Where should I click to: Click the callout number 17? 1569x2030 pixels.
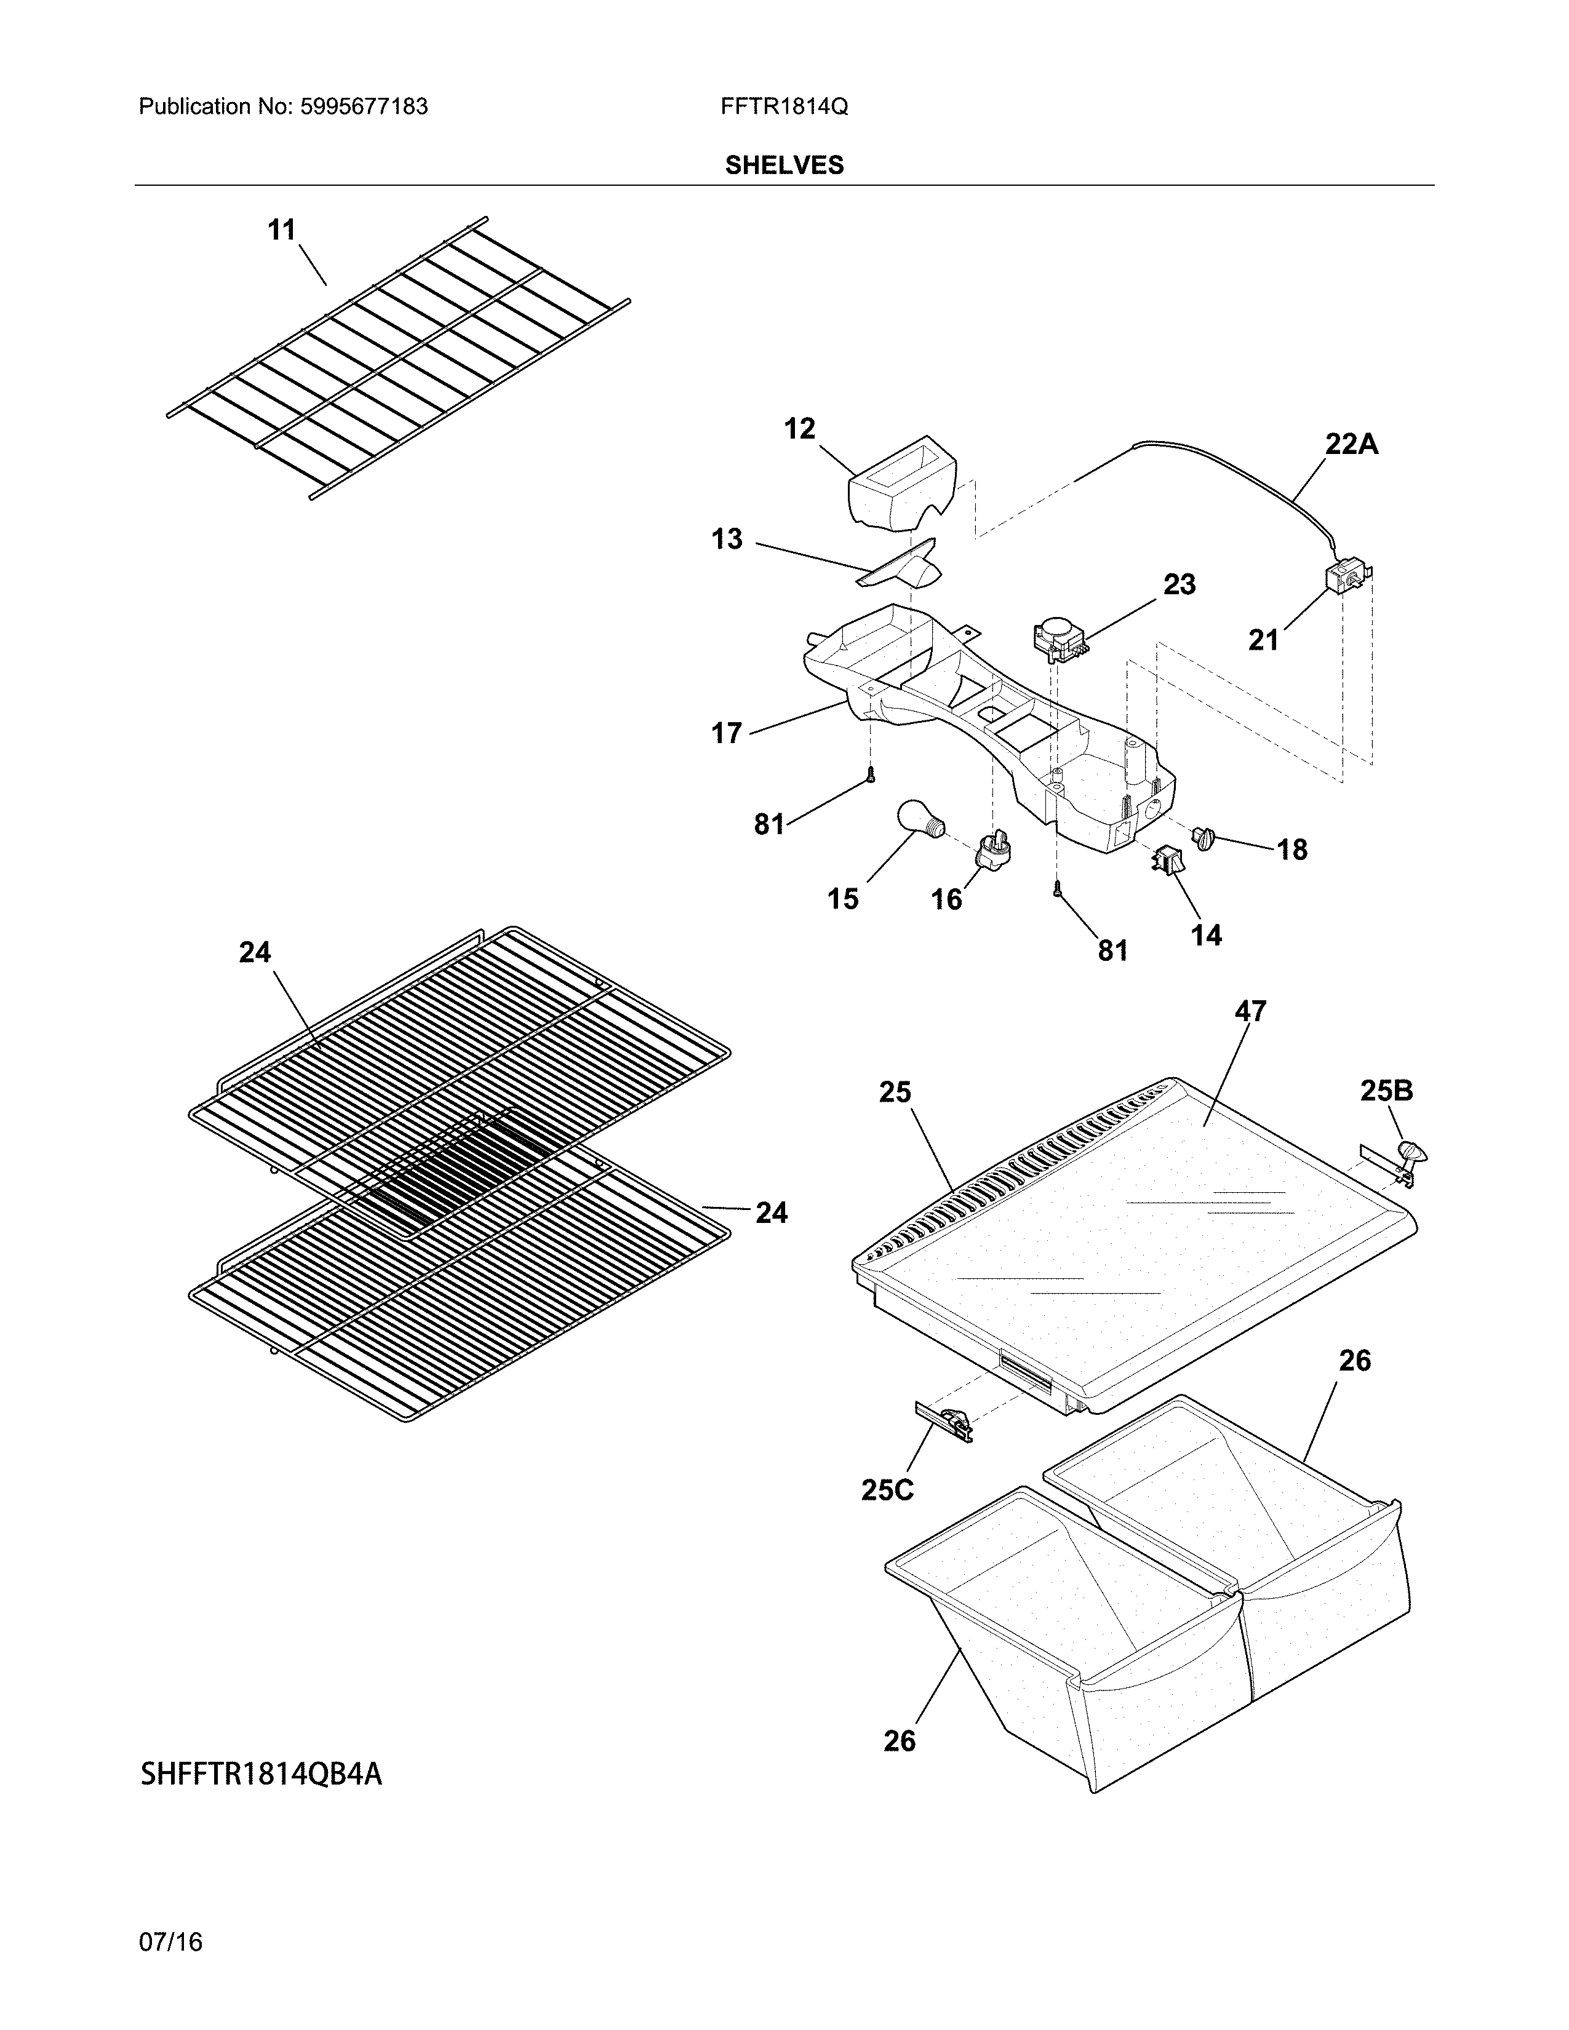(727, 733)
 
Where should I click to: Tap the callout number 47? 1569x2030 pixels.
(1250, 1010)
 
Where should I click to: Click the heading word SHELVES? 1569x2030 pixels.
(783, 165)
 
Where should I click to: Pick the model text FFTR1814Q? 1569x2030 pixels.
(783, 107)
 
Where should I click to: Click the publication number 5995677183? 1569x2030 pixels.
(364, 107)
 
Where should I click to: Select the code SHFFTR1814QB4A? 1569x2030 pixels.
(260, 1773)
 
